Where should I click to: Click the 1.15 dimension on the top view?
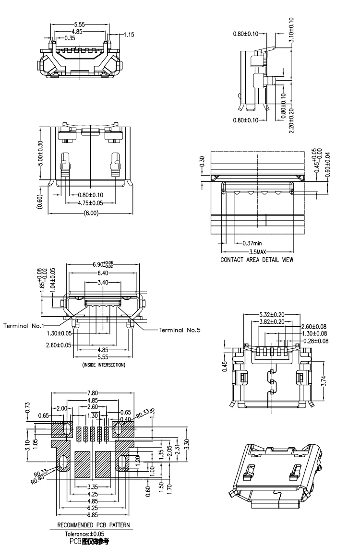click(129, 35)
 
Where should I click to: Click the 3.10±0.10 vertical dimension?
click(292, 30)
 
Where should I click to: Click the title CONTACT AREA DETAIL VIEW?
click(257, 260)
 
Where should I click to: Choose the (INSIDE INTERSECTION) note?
click(101, 365)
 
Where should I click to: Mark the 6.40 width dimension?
click(103, 273)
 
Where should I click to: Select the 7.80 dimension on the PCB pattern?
click(93, 393)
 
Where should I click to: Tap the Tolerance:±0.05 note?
click(85, 534)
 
